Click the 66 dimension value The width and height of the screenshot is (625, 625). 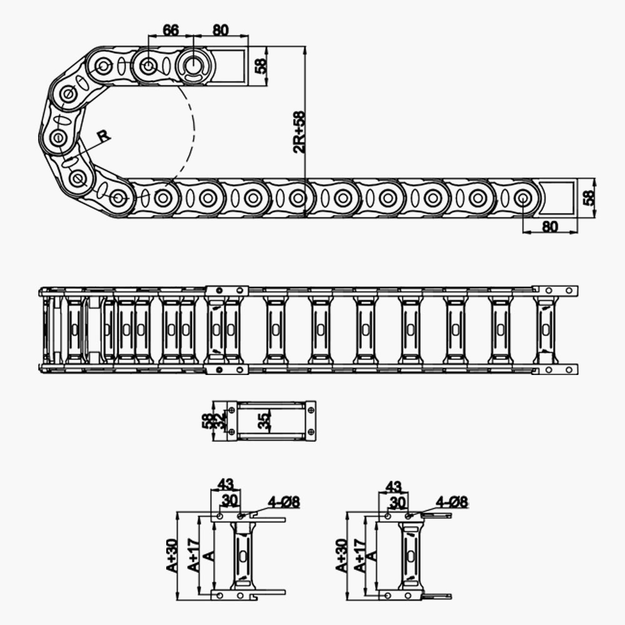pyautogui.click(x=171, y=29)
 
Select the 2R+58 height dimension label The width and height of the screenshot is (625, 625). pyautogui.click(x=299, y=132)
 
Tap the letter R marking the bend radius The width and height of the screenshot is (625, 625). pyautogui.click(x=104, y=136)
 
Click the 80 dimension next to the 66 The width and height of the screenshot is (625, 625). pyautogui.click(x=221, y=29)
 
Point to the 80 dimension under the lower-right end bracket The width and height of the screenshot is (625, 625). pyautogui.click(x=549, y=227)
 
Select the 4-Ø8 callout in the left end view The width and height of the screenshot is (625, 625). pyautogui.click(x=284, y=501)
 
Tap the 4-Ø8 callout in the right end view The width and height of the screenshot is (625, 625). pyautogui.click(x=452, y=501)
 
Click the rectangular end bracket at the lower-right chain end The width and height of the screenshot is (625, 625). pyautogui.click(x=558, y=197)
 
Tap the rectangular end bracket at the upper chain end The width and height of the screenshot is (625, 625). pyautogui.click(x=232, y=65)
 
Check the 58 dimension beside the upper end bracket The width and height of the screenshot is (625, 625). pyautogui.click(x=261, y=64)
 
